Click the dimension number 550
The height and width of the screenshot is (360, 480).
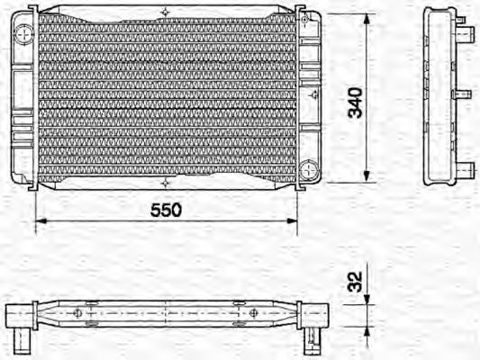166,210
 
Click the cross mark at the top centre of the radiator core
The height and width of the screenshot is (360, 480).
166,12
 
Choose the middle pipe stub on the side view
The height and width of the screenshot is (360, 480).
466,94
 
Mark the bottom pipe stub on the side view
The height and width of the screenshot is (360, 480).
466,168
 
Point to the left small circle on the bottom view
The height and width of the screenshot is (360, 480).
78,313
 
